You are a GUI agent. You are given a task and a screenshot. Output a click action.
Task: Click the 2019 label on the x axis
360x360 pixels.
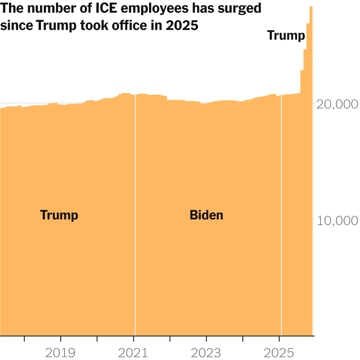60,353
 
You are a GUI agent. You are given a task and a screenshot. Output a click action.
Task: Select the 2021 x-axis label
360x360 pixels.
134,353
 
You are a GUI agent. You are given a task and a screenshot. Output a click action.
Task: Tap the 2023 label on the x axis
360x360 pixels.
206,353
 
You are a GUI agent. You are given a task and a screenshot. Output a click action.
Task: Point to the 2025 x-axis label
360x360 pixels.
279,353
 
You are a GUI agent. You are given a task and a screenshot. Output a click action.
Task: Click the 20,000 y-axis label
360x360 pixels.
337,104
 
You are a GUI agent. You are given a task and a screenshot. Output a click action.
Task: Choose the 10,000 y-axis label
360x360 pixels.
337,220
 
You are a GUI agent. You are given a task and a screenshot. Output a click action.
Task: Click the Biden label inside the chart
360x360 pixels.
206,215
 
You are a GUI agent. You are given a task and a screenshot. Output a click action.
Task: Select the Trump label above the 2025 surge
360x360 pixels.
286,36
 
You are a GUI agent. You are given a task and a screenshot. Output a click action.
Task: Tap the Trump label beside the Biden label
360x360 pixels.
59,215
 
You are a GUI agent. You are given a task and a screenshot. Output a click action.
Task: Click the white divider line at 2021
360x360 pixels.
135,216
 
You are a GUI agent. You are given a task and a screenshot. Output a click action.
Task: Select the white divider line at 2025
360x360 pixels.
281,216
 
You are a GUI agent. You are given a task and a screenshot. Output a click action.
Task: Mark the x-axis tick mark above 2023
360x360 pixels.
206,339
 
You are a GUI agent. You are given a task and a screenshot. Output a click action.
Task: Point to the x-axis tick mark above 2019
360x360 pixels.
60,339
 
